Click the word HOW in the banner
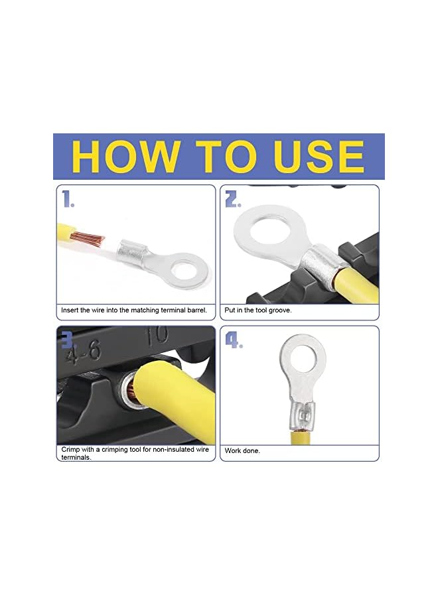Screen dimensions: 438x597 [125, 156]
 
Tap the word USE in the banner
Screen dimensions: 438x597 [319, 156]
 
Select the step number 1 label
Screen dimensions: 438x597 [68, 199]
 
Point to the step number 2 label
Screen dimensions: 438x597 [233, 199]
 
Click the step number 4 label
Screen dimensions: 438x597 [234, 340]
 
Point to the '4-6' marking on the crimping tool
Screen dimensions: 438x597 [83, 352]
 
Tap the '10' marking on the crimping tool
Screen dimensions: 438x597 [157, 335]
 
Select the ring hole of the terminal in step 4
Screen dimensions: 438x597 [303, 356]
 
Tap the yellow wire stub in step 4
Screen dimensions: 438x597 [302, 438]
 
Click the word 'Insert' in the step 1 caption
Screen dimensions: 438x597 [70, 310]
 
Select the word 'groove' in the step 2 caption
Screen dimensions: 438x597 [280, 310]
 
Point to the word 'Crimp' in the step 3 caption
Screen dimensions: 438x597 [70, 450]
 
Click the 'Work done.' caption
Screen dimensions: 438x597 [242, 451]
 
